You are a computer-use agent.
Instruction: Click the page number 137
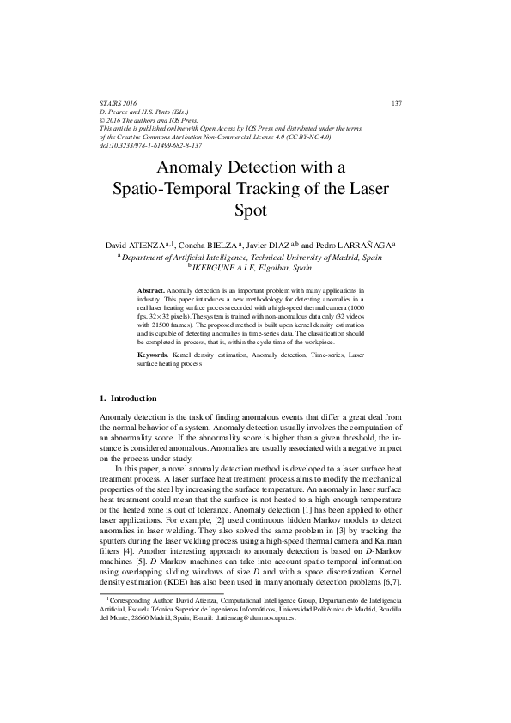click(x=396, y=104)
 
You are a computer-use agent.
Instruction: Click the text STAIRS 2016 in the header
click(x=119, y=104)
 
